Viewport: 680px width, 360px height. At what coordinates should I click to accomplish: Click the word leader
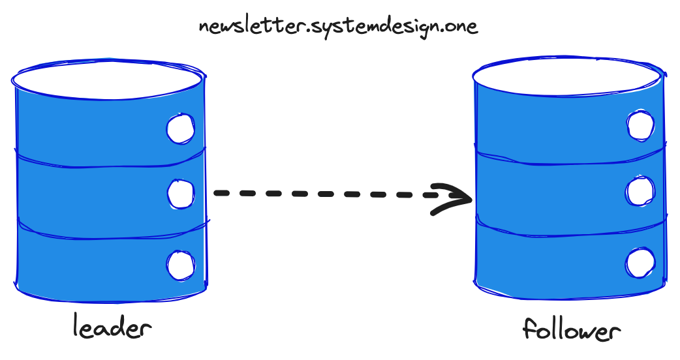click(x=112, y=327)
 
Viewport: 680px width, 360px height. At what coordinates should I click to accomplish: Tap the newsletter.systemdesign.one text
click(x=338, y=27)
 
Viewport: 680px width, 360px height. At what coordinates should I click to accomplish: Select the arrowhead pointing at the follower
click(x=454, y=196)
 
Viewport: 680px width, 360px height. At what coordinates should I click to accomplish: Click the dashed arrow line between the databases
click(x=326, y=194)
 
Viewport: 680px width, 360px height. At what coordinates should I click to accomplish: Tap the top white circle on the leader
click(x=180, y=128)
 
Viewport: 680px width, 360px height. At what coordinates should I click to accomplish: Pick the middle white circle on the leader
click(x=180, y=193)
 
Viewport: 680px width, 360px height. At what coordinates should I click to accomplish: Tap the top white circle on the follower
click(x=640, y=125)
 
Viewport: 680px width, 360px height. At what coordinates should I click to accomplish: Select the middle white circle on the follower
click(x=640, y=191)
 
